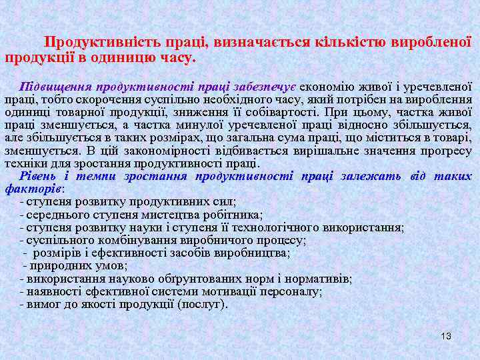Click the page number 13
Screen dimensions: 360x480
click(446, 336)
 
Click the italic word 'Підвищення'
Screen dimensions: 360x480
click(56, 86)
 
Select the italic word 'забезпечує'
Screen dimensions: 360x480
click(265, 86)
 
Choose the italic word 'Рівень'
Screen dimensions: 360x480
click(40, 176)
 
